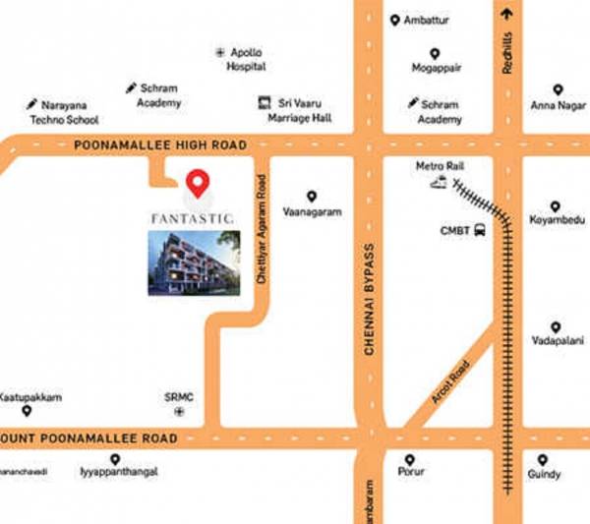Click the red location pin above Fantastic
198,182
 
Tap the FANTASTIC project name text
193,215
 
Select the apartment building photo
193,262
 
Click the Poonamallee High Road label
159,146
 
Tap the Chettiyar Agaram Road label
262,230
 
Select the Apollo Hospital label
247,59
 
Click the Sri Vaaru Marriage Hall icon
264,101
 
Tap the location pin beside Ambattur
394,21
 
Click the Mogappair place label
438,68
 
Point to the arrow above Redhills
507,14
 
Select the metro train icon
437,183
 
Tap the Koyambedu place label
556,222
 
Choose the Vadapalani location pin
556,327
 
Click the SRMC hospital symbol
178,413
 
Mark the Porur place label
411,472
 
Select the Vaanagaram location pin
312,197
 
